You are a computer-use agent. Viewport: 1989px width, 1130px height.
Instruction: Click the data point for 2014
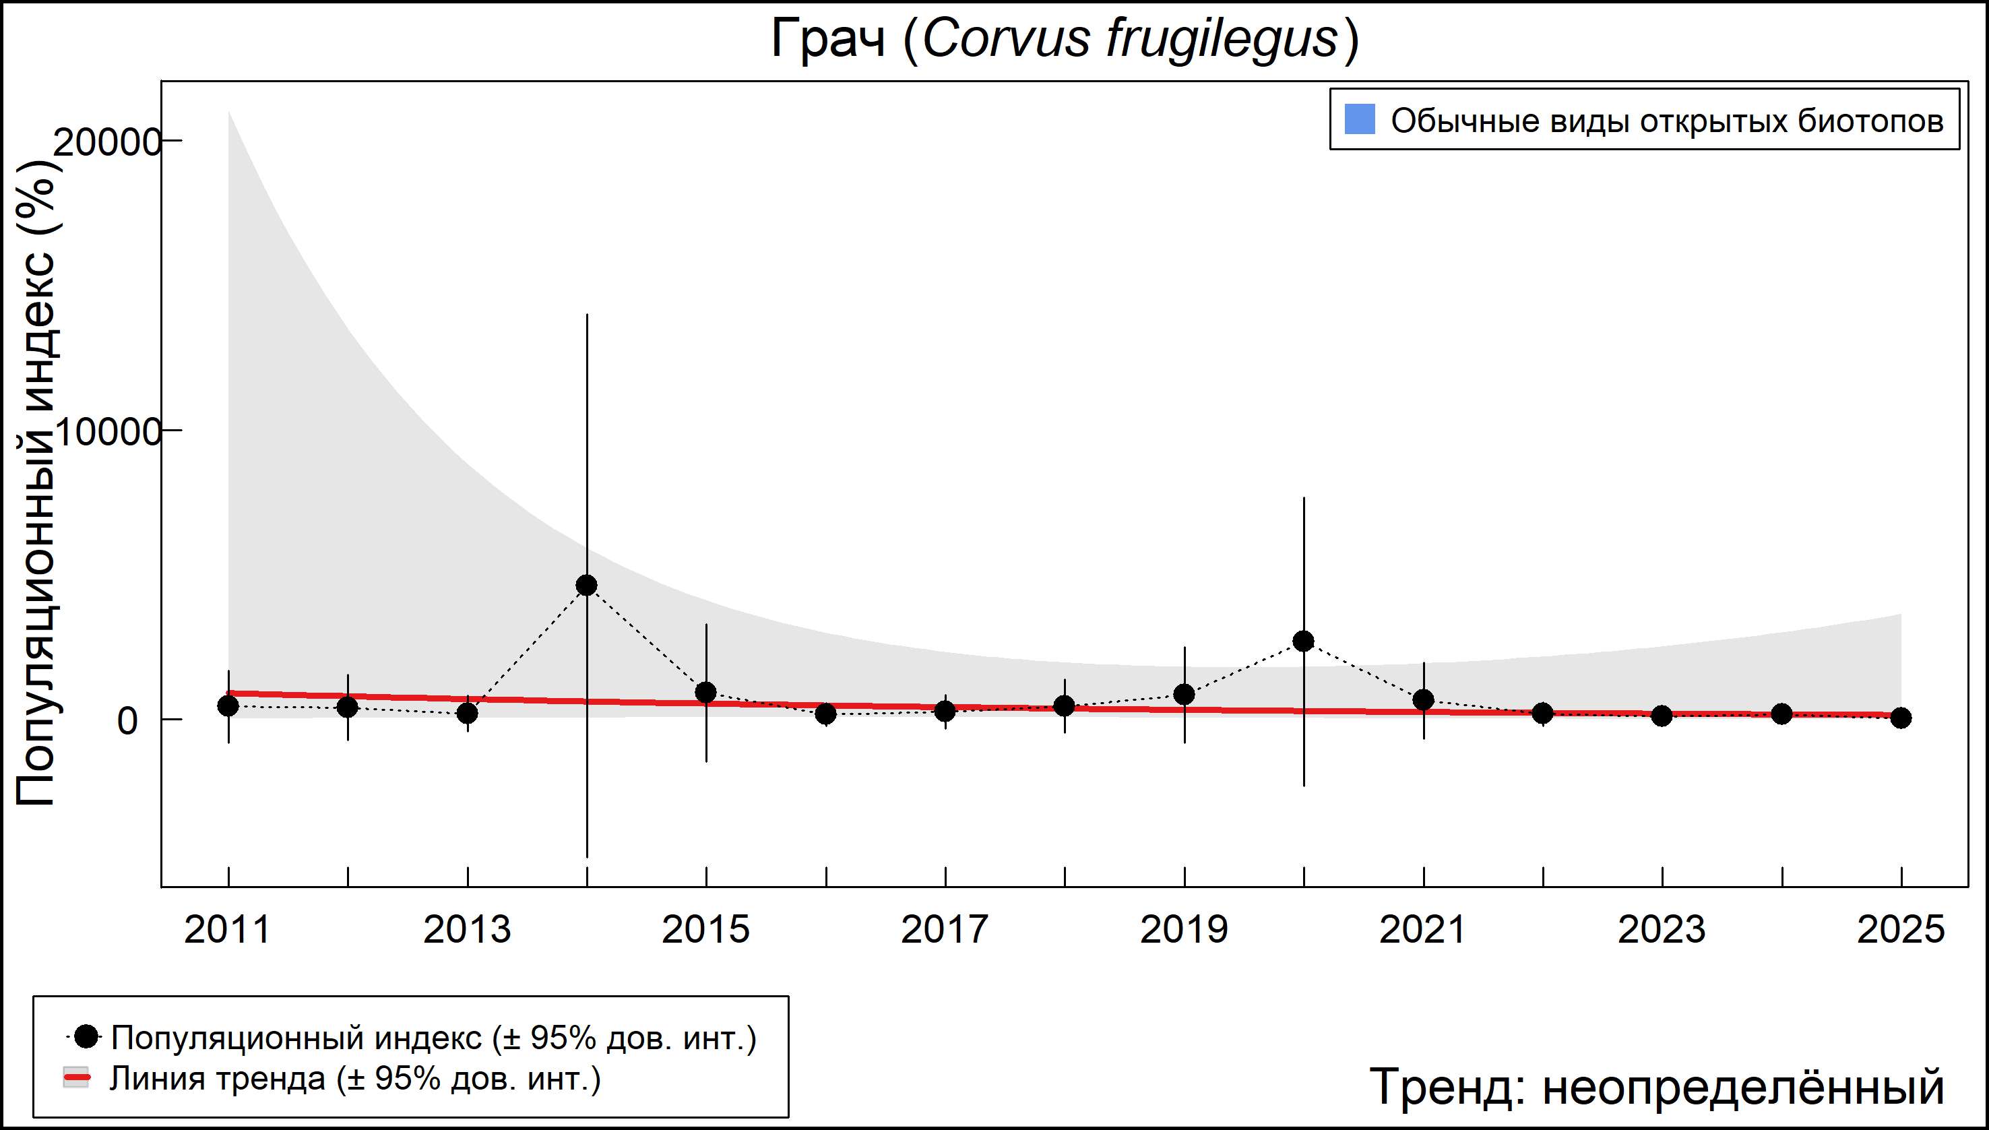[x=587, y=585]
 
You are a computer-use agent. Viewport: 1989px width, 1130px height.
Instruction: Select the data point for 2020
[x=1304, y=641]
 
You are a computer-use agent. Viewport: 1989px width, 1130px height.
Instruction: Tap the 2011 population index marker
[x=228, y=706]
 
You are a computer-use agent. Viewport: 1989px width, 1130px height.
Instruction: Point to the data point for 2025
[x=1901, y=718]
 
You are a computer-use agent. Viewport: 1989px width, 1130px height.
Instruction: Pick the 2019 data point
[x=1185, y=695]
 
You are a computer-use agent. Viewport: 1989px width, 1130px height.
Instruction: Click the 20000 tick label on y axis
[x=107, y=142]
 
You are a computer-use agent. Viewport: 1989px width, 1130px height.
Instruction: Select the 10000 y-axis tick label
[x=107, y=433]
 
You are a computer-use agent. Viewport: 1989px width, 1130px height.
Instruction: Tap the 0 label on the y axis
[x=127, y=721]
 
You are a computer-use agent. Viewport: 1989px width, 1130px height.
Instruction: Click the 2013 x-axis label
[x=467, y=930]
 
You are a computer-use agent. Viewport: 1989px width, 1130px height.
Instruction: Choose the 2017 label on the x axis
[x=945, y=930]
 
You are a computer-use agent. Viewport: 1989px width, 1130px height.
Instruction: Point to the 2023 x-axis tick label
[x=1662, y=930]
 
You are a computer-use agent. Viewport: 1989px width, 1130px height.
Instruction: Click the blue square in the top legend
[x=1360, y=119]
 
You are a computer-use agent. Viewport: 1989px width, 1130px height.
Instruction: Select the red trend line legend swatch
[x=76, y=1078]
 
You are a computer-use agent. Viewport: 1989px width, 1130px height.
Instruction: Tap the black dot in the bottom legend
[x=87, y=1036]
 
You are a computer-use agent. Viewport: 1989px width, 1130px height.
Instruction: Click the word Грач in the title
[x=827, y=39]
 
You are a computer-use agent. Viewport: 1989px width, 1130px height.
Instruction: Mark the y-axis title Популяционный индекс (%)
[x=36, y=481]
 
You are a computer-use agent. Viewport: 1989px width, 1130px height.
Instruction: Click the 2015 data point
[x=706, y=692]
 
